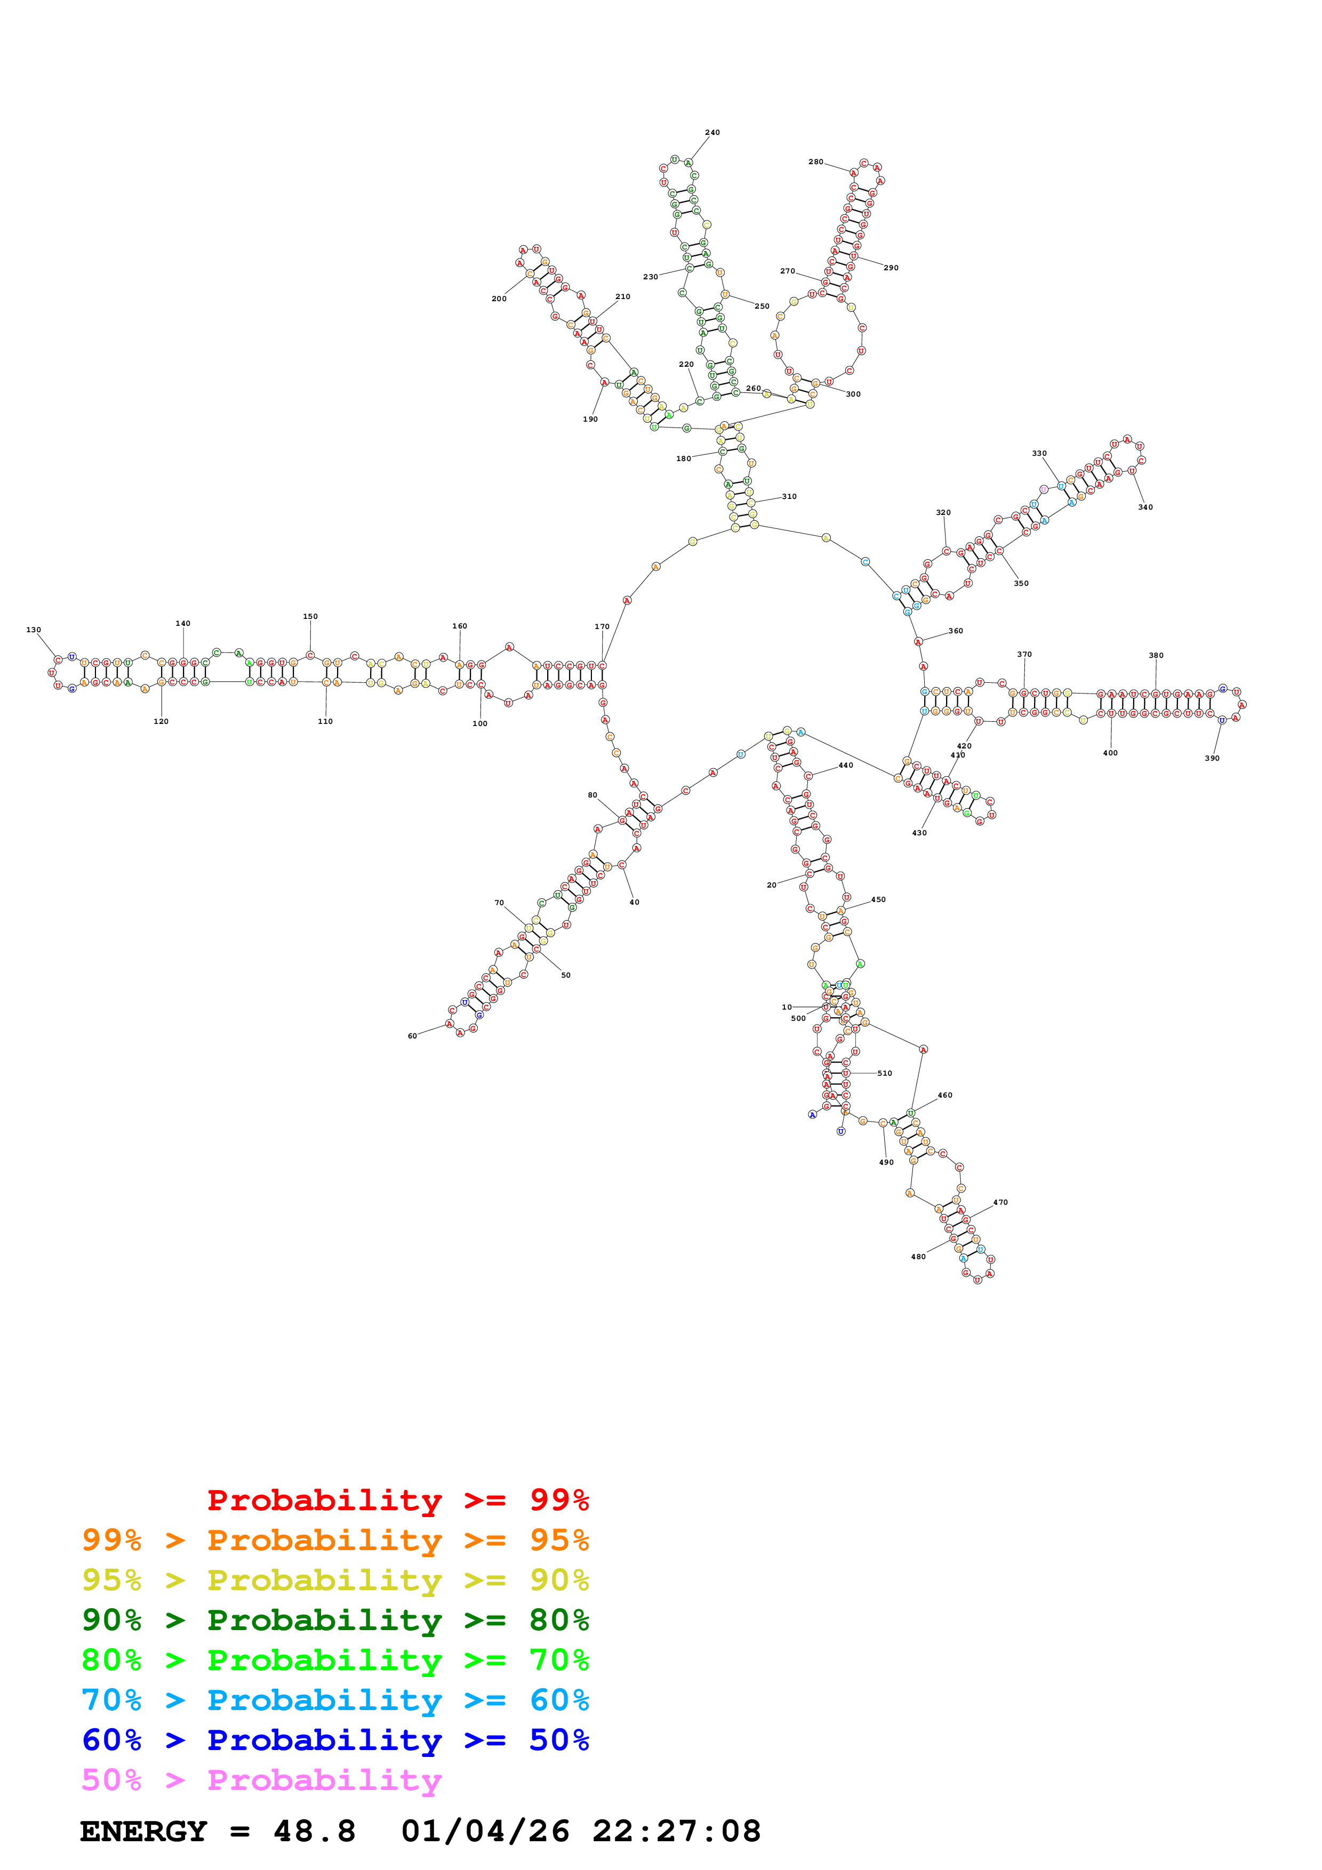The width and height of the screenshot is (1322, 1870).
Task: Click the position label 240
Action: coord(712,132)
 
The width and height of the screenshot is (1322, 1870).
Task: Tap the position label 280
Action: coord(815,162)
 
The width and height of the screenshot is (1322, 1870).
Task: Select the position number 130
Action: coord(34,630)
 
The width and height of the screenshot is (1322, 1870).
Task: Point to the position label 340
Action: coord(1145,506)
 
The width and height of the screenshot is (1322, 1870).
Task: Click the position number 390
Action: coord(1212,757)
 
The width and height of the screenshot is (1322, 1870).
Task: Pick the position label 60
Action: coord(412,1036)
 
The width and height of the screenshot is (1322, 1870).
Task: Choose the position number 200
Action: coord(499,298)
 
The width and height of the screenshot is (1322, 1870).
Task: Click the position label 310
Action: coord(789,496)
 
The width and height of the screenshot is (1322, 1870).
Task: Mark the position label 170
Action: coord(602,626)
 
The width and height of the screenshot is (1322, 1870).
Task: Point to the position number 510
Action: coord(885,1073)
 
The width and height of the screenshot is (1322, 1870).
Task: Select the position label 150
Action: coord(310,616)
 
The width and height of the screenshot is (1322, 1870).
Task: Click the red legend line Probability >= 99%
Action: coord(397,1500)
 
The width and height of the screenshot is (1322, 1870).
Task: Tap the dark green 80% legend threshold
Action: coord(559,1620)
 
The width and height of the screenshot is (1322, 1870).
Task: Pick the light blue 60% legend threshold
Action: coord(559,1700)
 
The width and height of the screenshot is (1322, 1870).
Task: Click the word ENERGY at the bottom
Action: coord(143,1831)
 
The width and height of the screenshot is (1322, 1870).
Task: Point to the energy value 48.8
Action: coord(315,1831)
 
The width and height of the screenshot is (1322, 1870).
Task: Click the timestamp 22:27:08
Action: coord(676,1831)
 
